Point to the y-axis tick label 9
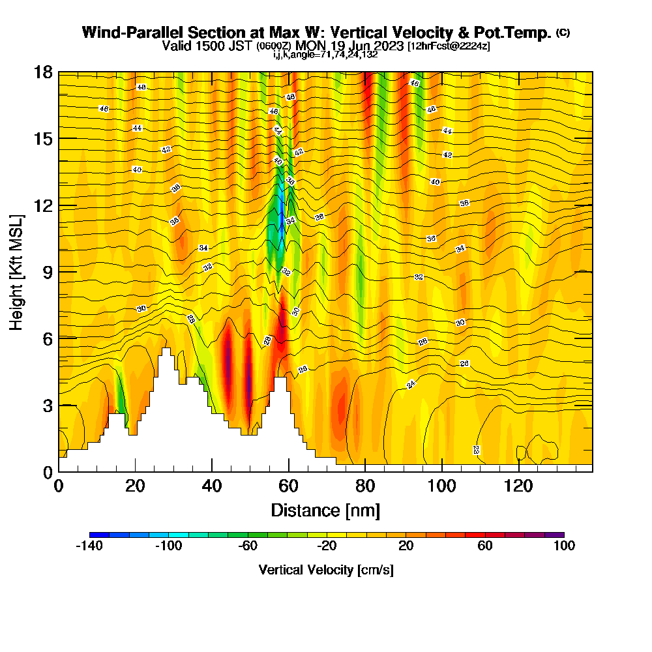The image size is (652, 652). click(x=47, y=271)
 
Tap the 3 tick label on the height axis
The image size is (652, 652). click(x=47, y=405)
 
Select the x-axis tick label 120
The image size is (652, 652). click(x=518, y=486)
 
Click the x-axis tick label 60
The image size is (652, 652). click(x=288, y=486)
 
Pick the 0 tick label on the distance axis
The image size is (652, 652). click(x=59, y=486)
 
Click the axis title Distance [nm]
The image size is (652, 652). click(x=325, y=510)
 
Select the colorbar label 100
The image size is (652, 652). click(x=564, y=546)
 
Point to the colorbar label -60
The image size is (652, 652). click(x=248, y=546)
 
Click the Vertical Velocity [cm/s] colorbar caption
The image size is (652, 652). click(x=326, y=570)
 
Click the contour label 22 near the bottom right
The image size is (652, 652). click(x=477, y=450)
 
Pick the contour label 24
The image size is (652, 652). click(x=411, y=384)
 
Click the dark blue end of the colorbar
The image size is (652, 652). click(x=95, y=535)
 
